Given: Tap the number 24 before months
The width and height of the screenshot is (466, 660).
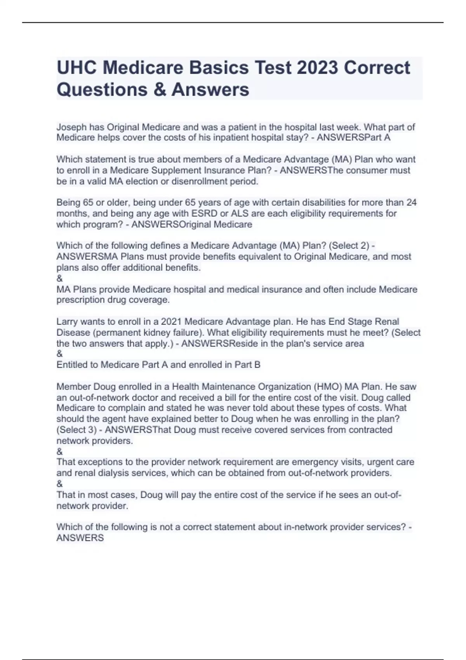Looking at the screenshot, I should (411, 203).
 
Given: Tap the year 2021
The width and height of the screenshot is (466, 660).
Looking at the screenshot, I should (171, 322).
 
